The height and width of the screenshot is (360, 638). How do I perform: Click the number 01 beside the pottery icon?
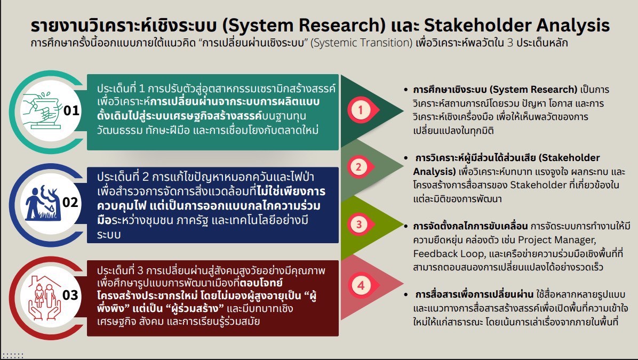(x=71, y=110)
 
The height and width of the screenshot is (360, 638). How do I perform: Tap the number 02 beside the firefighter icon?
(x=70, y=202)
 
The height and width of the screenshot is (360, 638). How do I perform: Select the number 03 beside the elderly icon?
(x=70, y=295)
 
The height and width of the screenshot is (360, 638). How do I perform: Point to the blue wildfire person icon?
(x=43, y=203)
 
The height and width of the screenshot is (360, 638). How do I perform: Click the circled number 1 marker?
(x=361, y=110)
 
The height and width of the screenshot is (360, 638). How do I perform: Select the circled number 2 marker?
(x=358, y=167)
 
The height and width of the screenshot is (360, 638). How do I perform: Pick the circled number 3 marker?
(x=359, y=224)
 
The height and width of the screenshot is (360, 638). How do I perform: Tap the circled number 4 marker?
(x=361, y=285)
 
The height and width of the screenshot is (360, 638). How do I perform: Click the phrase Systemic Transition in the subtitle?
(x=361, y=43)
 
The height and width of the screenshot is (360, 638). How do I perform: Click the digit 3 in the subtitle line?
(x=510, y=43)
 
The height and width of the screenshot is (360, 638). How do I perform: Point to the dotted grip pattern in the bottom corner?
(x=13, y=356)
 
